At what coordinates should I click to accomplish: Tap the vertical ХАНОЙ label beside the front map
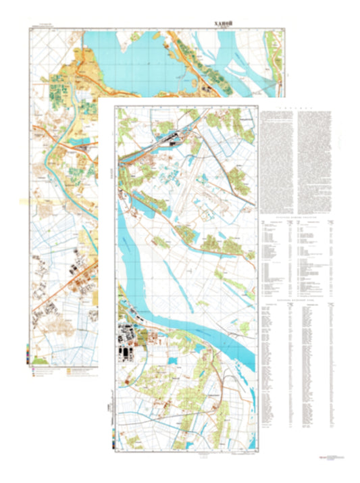(x=109, y=175)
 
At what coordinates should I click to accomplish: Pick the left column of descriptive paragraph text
(x=277, y=162)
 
